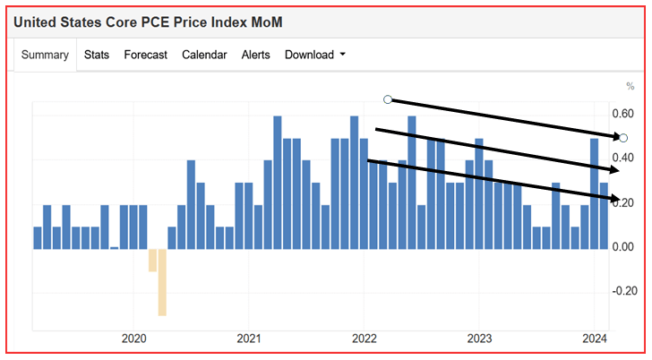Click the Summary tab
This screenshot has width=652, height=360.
(45, 55)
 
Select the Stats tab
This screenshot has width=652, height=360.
(97, 55)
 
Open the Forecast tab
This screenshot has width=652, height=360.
(145, 55)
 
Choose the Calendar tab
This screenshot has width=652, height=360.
(204, 55)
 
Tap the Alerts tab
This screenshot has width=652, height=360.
(255, 55)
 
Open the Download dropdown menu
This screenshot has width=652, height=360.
(315, 55)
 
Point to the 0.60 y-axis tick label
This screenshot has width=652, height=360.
(622, 115)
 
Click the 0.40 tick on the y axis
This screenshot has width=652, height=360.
(622, 159)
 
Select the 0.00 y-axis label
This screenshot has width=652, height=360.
(622, 247)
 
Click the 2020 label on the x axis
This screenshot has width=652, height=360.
(133, 339)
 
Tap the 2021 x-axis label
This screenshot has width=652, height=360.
(249, 339)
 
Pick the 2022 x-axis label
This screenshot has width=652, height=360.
(364, 339)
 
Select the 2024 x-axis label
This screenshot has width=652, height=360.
(593, 339)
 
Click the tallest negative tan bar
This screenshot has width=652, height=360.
(162, 282)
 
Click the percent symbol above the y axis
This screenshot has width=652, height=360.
(630, 86)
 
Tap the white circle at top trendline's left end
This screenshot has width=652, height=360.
(388, 99)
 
